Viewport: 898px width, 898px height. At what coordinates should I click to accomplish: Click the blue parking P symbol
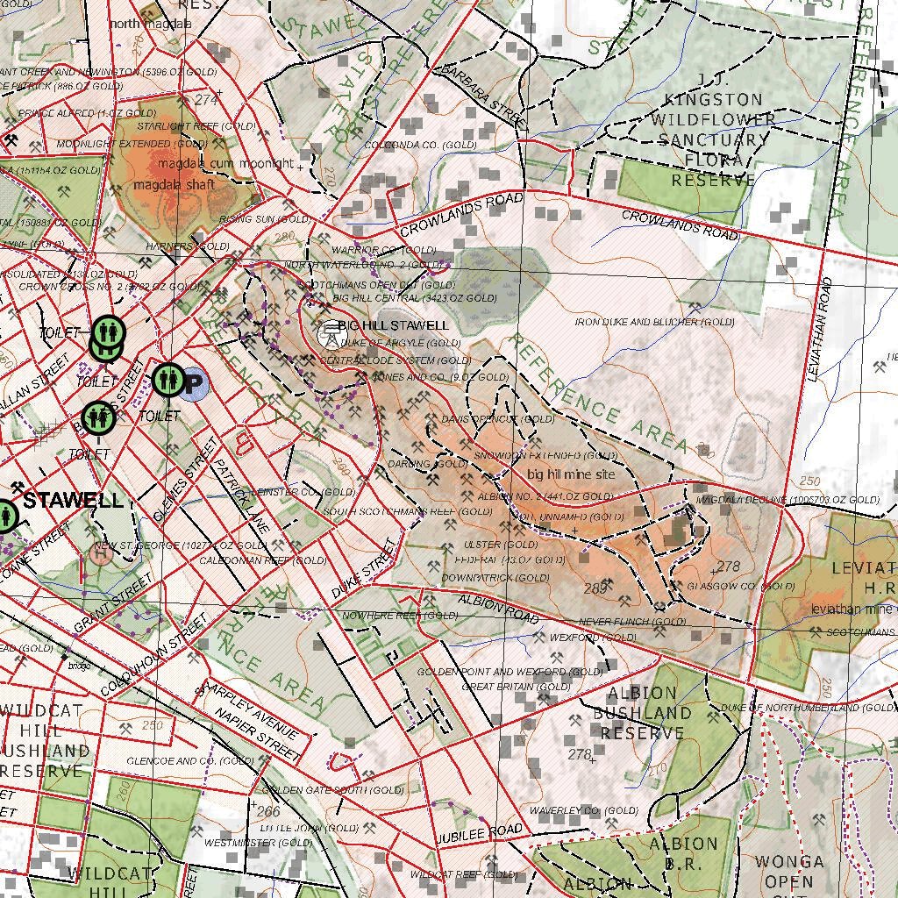tap(194, 383)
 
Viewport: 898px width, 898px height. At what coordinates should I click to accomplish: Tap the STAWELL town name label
tap(73, 501)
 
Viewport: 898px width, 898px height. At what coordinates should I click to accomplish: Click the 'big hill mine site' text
tap(571, 474)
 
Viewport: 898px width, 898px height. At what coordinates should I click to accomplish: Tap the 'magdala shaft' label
tap(174, 185)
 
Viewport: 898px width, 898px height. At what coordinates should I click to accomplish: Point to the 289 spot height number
tap(595, 588)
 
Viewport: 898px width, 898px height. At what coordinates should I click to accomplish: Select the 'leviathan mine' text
tap(846, 609)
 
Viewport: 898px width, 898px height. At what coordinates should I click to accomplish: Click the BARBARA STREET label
tap(481, 95)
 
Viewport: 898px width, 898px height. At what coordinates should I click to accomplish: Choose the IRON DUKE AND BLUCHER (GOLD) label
tap(654, 323)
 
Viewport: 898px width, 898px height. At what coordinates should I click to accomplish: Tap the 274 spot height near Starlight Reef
tap(206, 101)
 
